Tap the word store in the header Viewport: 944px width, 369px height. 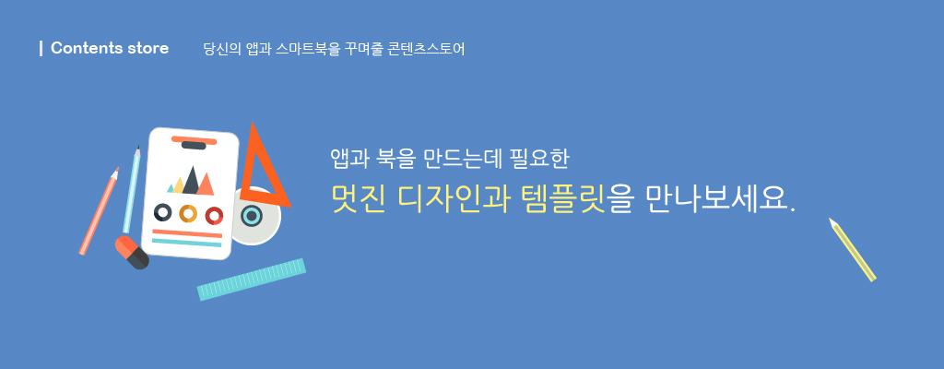pos(148,48)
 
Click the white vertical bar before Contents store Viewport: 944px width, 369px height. pos(41,48)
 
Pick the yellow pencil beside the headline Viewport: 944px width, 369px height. pos(852,249)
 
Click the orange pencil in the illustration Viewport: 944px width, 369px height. pos(99,211)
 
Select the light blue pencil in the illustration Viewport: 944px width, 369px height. pos(131,189)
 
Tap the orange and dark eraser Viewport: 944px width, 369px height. pos(132,252)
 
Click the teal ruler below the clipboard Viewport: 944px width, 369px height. pos(252,280)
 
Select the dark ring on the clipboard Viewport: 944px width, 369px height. pos(162,212)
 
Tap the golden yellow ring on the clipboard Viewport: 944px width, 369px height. pos(188,213)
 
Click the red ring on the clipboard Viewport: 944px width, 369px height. pos(214,215)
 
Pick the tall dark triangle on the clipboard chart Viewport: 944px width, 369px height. pos(191,181)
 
